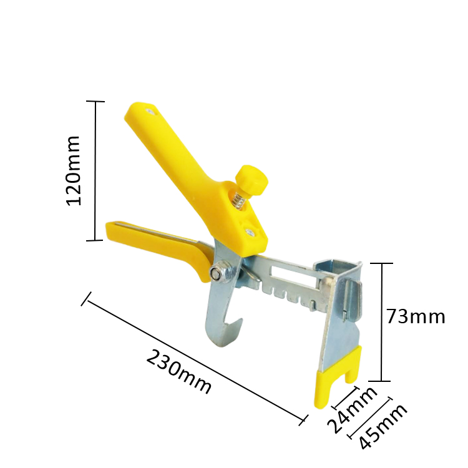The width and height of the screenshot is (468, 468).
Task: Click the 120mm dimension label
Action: coord(73,171)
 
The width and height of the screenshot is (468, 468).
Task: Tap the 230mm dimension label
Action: coord(178,372)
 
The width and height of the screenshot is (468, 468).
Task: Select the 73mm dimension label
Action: coord(416,316)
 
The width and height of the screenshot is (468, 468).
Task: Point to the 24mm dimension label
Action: coord(352,411)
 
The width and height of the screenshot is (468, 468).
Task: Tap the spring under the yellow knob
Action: coord(237,200)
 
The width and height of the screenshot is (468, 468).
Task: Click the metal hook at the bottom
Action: coord(224,323)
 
